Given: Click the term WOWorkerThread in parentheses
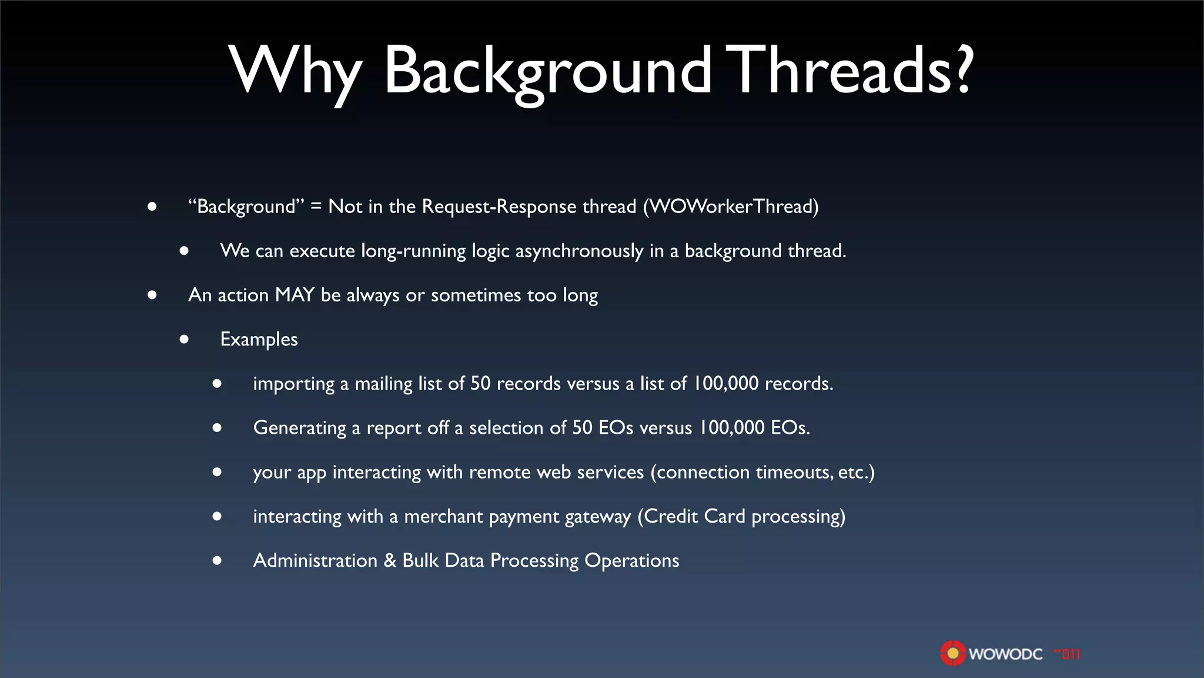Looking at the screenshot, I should coord(731,207).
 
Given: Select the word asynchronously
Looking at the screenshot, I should coord(579,251).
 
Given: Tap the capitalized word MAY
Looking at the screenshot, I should coord(295,295).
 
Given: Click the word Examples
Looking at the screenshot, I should coord(259,340).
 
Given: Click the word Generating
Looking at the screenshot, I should coord(300,428).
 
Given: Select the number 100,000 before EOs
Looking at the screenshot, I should coord(731,428).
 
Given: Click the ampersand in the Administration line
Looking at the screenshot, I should coord(390,561).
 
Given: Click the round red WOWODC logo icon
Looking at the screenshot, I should coord(952,653).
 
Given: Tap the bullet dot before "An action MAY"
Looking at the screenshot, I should coord(152,295).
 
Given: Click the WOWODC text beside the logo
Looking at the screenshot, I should coord(1005,654).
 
